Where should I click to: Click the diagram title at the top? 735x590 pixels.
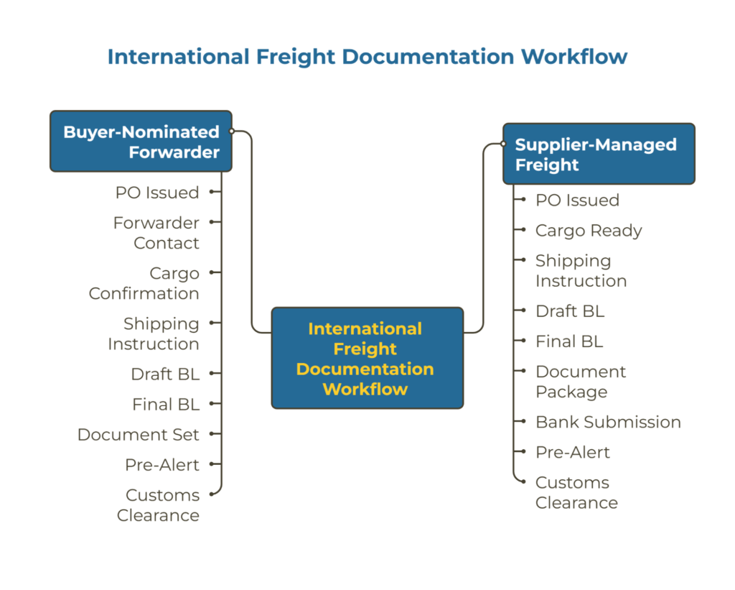[x=367, y=56]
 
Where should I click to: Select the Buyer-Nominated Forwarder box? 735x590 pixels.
[x=141, y=142]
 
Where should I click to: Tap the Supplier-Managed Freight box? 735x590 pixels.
[x=599, y=155]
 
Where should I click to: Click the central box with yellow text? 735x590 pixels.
[x=367, y=359]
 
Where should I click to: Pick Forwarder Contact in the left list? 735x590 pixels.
[x=156, y=233]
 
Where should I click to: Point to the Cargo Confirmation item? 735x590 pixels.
[x=144, y=283]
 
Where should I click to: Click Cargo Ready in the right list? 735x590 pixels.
[x=589, y=231]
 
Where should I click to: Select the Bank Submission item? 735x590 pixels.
[x=608, y=422]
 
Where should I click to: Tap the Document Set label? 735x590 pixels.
[x=139, y=435]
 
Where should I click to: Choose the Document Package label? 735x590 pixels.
[x=581, y=382]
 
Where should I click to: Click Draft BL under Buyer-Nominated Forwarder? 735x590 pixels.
[x=165, y=374]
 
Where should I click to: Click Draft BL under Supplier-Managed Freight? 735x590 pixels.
[x=570, y=311]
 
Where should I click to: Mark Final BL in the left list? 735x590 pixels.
[x=166, y=405]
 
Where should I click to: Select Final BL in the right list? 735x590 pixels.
[x=569, y=341]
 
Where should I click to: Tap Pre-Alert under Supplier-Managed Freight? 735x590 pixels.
[x=573, y=452]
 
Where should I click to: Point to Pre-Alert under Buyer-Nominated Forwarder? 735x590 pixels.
[x=162, y=465]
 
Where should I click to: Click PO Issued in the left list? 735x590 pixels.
[x=157, y=193]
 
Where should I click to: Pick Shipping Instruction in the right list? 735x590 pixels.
[x=581, y=271]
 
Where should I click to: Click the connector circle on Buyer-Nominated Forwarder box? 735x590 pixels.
[x=232, y=132]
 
